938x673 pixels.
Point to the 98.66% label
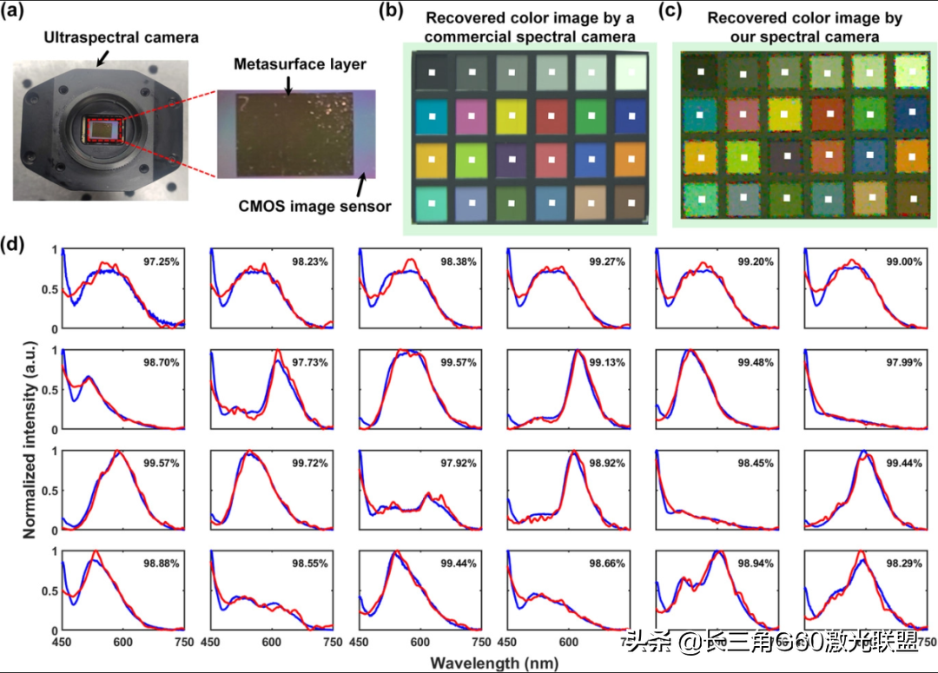(607, 564)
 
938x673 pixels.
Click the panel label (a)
(18, 15)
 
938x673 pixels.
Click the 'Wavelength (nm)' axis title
(486, 662)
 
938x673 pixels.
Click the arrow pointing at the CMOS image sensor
(362, 184)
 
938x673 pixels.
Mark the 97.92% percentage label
(458, 463)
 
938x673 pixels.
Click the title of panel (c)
(804, 27)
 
